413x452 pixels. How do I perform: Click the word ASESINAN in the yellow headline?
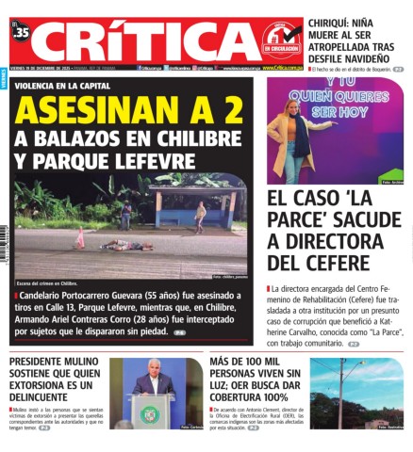[91, 111]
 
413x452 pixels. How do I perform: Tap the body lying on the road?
[124, 246]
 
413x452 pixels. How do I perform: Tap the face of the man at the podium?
[153, 372]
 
